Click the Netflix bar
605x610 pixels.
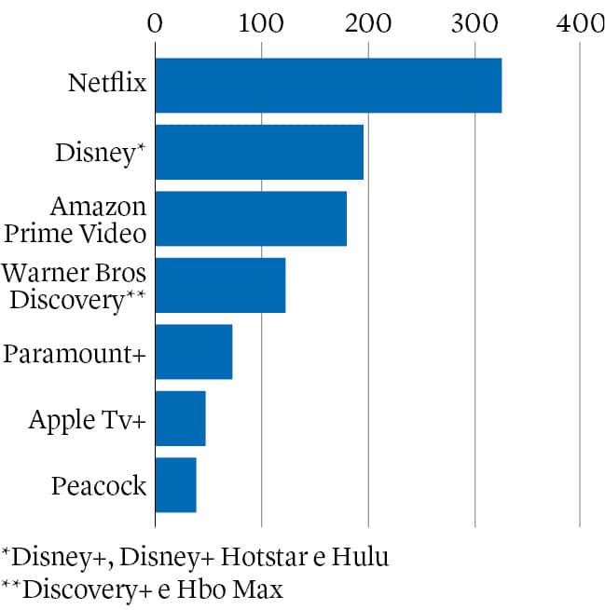(x=328, y=86)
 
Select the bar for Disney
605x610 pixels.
(x=259, y=152)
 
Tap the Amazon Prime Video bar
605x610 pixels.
(x=251, y=219)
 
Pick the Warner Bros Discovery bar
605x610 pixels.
(x=220, y=286)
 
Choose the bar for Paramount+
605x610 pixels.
(x=194, y=352)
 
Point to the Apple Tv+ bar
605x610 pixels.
(x=180, y=419)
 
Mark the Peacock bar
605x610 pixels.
(x=175, y=485)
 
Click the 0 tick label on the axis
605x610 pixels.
(x=156, y=21)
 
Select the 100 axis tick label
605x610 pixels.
(x=261, y=21)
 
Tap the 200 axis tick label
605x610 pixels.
(x=368, y=21)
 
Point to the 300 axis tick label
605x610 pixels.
(x=474, y=21)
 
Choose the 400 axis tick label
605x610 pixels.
(x=581, y=21)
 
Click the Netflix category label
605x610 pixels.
(x=108, y=84)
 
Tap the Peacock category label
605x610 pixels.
(x=100, y=486)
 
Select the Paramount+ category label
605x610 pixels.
(x=76, y=354)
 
